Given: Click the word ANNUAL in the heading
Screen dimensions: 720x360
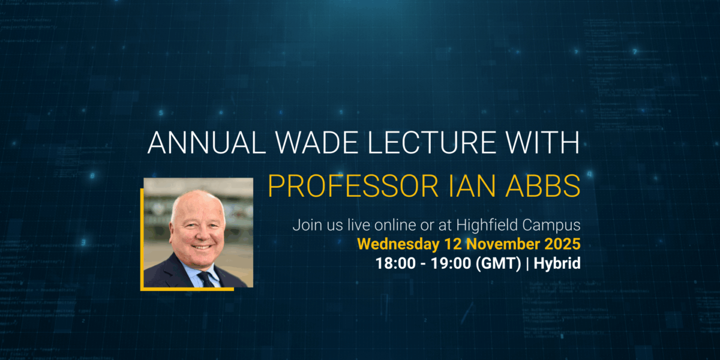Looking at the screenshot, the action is click(x=206, y=142).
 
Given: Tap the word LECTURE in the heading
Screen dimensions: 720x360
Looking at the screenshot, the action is click(x=431, y=142).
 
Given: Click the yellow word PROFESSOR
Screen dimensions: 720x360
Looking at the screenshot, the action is click(x=353, y=186).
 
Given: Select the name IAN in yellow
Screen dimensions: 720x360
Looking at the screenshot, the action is click(x=472, y=186).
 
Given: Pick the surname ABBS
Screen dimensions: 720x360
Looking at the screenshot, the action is click(x=543, y=186).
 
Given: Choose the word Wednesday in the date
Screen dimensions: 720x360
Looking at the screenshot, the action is click(x=398, y=244).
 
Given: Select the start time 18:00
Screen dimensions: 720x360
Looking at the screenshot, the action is click(x=395, y=263).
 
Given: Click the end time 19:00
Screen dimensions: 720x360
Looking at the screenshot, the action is click(x=451, y=263).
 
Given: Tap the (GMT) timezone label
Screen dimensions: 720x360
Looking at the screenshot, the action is click(x=498, y=263).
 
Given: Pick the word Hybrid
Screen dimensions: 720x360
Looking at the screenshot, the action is click(x=557, y=263).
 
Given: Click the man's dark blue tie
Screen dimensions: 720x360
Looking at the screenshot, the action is click(x=206, y=279).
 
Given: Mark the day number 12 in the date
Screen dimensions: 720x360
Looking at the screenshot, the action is click(x=453, y=244).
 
